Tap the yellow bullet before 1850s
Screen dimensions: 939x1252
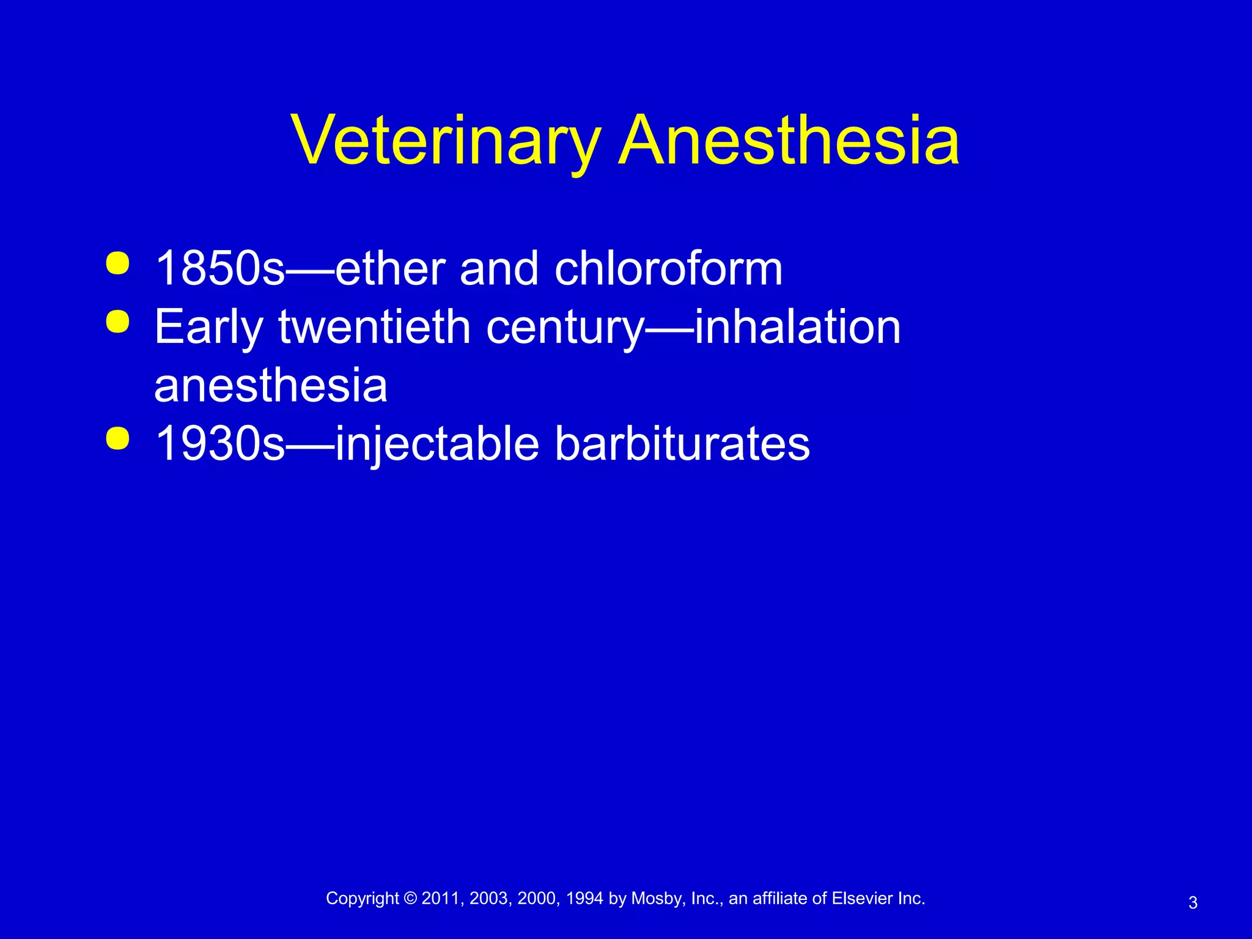(x=117, y=264)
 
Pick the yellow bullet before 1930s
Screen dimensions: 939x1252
(x=117, y=438)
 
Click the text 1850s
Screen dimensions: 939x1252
(x=220, y=269)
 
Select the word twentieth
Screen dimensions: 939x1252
(x=374, y=327)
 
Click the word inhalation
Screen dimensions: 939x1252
(x=797, y=327)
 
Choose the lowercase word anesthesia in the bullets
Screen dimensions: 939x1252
(x=271, y=386)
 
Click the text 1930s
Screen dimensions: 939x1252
(x=220, y=444)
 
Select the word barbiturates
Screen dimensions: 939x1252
(x=682, y=444)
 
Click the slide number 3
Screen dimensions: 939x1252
(x=1193, y=903)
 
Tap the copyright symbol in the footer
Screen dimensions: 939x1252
(x=410, y=899)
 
